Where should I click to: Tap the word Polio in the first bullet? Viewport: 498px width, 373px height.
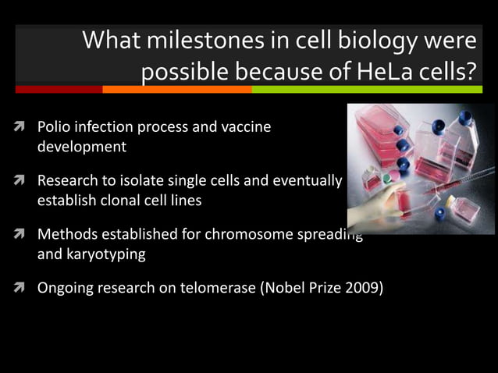pyautogui.click(x=54, y=126)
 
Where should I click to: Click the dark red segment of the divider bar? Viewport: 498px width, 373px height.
pyautogui.click(x=59, y=90)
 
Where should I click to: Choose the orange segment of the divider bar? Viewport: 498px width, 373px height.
pyautogui.click(x=176, y=90)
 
